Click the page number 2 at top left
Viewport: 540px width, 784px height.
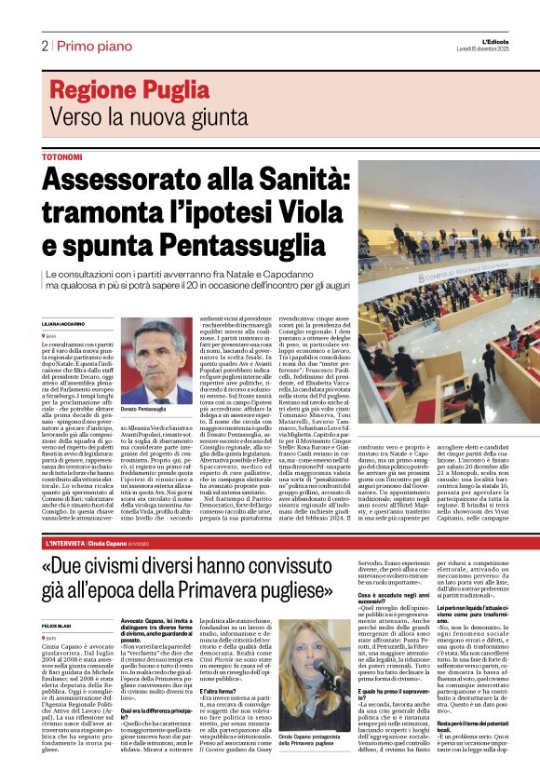tap(44, 46)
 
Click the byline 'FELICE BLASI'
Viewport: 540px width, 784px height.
tap(59, 627)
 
